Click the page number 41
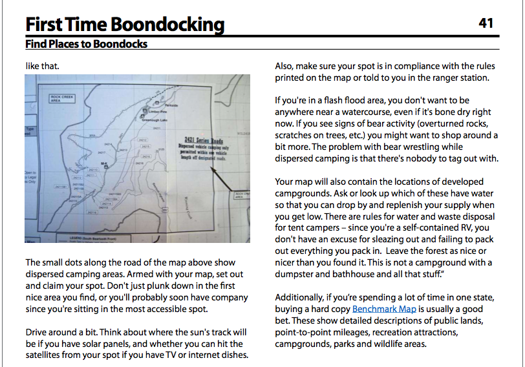(486, 23)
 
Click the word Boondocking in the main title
(167, 25)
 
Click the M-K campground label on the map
(104, 163)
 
